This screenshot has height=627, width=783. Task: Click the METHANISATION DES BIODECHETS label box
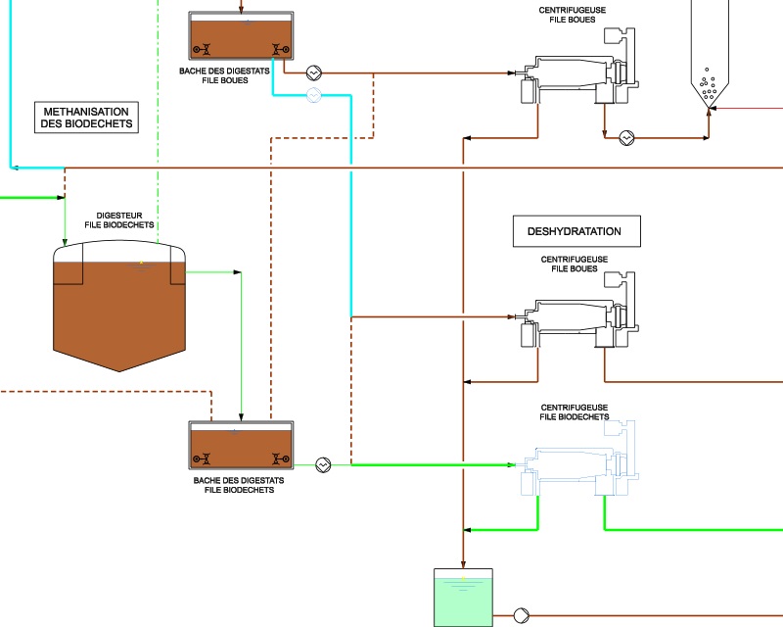[86, 118]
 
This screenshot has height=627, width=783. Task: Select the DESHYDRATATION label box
[574, 231]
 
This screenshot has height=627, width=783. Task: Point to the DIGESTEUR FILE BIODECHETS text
[126, 219]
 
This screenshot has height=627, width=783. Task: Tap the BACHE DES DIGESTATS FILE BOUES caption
[227, 75]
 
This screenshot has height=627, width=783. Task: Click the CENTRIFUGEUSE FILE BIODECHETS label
[575, 411]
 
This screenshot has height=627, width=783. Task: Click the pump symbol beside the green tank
[522, 615]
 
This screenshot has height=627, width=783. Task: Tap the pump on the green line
[324, 464]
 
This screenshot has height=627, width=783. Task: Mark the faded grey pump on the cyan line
[313, 94]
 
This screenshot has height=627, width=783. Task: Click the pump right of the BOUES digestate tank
[313, 72]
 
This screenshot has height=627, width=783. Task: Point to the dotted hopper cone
[710, 88]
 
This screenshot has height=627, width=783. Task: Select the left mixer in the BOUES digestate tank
[202, 49]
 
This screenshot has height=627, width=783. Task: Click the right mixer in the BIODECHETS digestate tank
[280, 458]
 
